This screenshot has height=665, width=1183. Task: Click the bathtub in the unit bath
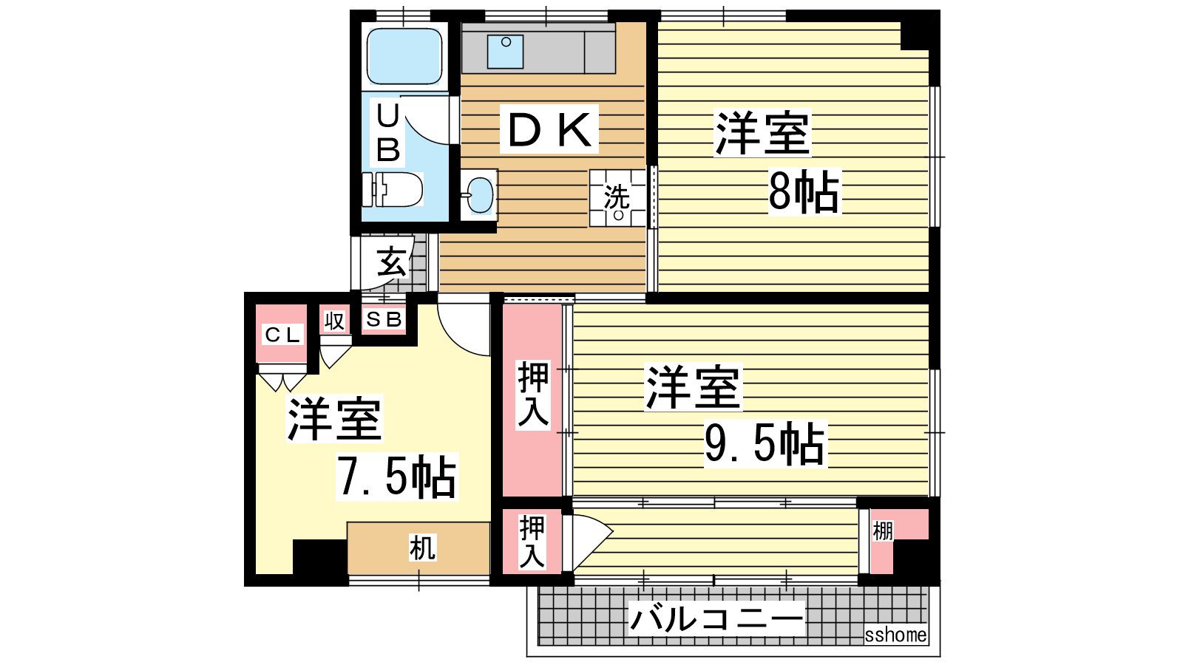click(x=404, y=56)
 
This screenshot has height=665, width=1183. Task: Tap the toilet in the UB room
click(x=393, y=189)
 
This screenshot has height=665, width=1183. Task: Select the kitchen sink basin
click(x=506, y=52)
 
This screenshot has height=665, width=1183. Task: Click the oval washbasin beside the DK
click(x=480, y=195)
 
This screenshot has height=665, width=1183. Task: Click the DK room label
click(x=549, y=129)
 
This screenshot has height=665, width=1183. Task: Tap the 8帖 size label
click(x=804, y=191)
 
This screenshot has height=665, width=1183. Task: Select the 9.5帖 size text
click(x=765, y=443)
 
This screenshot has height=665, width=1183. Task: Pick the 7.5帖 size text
click(x=396, y=477)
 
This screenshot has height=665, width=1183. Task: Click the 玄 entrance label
click(x=393, y=262)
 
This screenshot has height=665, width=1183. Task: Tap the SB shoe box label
click(x=384, y=319)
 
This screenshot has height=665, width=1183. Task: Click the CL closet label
click(x=282, y=334)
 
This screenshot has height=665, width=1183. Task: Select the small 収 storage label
click(x=334, y=321)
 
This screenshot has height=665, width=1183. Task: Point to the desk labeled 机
click(x=418, y=548)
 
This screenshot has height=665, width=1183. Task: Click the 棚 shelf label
click(x=883, y=531)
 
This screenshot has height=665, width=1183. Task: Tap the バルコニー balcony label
click(x=716, y=618)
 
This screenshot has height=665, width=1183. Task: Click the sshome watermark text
click(x=895, y=635)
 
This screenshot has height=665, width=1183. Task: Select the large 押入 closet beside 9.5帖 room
click(x=532, y=400)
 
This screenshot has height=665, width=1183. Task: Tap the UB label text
click(x=388, y=132)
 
